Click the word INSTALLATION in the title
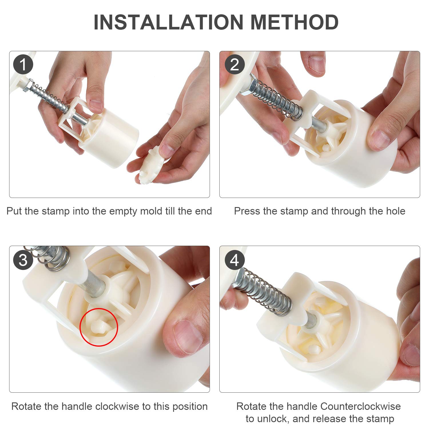168,22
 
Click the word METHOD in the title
295,22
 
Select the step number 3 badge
23,260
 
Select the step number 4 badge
235,260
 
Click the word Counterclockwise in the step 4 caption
360,406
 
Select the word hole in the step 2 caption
395,211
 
